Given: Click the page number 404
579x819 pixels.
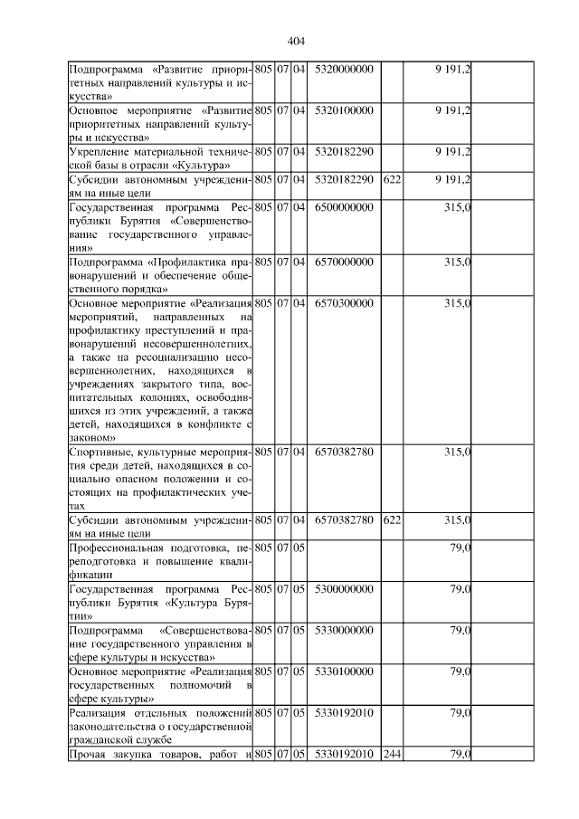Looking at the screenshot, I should click(x=295, y=41).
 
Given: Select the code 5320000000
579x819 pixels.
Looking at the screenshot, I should click(x=345, y=69).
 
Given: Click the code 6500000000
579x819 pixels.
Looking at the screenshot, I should click(x=345, y=207).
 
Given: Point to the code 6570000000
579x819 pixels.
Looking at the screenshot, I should click(x=345, y=262).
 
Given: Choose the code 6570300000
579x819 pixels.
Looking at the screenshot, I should click(x=345, y=303).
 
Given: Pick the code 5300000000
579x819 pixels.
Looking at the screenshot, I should click(x=345, y=589).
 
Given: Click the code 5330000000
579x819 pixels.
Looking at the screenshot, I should click(x=345, y=630).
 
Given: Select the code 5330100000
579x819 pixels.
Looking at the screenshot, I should click(x=345, y=671).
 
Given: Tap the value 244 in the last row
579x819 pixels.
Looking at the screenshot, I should click(x=392, y=755).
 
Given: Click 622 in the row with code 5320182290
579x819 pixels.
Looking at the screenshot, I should click(x=392, y=179).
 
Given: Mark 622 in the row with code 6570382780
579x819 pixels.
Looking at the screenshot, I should click(x=392, y=520).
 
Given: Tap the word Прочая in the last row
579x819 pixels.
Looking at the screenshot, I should click(x=89, y=755).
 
